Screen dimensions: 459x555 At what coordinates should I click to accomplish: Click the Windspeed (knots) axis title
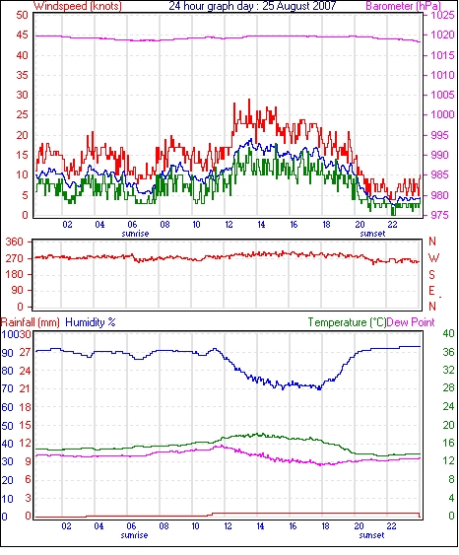(x=78, y=6)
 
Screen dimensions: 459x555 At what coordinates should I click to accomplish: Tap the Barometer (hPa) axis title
(x=404, y=6)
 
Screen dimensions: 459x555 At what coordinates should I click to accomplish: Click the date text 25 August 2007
(x=299, y=6)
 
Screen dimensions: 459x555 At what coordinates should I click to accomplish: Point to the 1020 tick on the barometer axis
(x=442, y=35)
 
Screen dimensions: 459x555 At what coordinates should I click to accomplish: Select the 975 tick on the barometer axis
(x=439, y=215)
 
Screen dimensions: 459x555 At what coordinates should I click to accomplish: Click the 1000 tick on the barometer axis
(x=442, y=114)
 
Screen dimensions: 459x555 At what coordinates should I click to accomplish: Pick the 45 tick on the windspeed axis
(x=22, y=35)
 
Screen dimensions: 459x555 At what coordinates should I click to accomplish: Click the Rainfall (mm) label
(x=31, y=322)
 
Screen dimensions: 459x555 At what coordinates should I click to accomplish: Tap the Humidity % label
(x=91, y=322)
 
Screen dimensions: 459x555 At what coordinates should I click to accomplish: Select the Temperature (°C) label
(x=347, y=322)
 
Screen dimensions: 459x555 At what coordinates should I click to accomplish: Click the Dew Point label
(x=411, y=322)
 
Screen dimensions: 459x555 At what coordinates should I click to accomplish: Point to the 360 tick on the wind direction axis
(x=15, y=243)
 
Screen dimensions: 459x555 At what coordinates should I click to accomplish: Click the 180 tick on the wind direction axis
(x=15, y=274)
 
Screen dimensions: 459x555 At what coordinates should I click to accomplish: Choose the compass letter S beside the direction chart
(x=431, y=274)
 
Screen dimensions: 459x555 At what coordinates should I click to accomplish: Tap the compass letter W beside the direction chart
(x=433, y=258)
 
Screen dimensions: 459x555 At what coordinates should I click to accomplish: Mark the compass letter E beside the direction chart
(x=431, y=291)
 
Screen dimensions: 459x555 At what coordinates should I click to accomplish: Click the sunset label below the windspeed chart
(x=372, y=234)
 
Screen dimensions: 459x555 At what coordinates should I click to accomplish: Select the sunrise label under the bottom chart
(x=134, y=535)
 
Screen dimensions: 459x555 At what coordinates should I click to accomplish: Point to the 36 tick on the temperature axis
(x=448, y=352)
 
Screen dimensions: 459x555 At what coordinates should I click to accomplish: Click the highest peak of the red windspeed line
(x=249, y=100)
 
